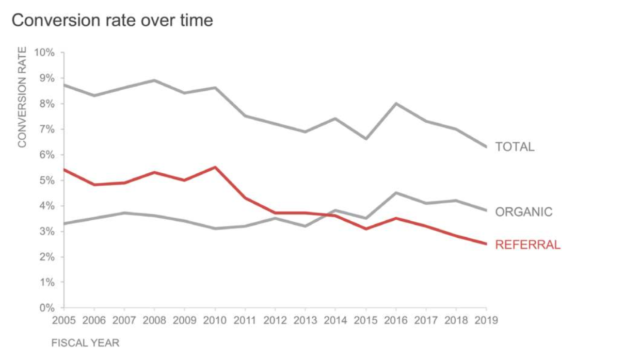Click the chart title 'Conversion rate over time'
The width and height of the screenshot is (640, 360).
[x=112, y=21]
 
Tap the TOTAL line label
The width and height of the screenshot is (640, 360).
[x=515, y=147]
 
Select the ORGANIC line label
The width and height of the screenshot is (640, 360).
[x=523, y=212]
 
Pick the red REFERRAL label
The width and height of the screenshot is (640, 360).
[x=527, y=245]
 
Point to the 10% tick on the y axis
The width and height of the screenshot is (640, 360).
[x=44, y=53]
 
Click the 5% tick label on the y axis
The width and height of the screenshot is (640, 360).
[x=46, y=181]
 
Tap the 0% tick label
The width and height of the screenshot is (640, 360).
[x=46, y=308]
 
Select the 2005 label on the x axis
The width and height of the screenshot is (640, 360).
[x=64, y=321]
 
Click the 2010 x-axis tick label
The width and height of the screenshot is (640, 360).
[x=215, y=321]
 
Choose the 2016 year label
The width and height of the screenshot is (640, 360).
[x=396, y=321]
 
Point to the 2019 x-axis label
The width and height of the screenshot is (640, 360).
[x=486, y=321]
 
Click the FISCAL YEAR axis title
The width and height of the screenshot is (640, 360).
[x=85, y=343]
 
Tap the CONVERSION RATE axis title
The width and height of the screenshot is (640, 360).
[x=22, y=97]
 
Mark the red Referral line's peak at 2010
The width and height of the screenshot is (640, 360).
[x=215, y=167]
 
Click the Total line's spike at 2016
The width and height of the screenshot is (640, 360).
[x=396, y=104]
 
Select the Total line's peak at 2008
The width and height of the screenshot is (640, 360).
[x=154, y=80]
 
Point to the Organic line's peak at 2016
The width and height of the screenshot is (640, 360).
[x=396, y=193]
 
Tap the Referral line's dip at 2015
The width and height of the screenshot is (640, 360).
[x=365, y=228]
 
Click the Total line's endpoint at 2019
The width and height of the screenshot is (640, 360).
[x=486, y=147]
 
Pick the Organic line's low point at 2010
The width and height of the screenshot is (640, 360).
[x=215, y=228]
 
